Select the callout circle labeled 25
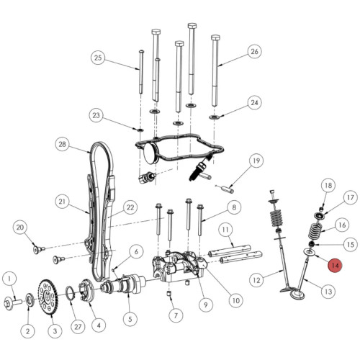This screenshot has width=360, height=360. tap(99, 58)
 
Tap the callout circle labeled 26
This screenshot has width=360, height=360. tap(253, 51)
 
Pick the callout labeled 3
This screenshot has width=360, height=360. tap(53, 330)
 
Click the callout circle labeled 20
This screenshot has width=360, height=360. tap(20, 228)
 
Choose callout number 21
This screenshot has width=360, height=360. tap(63, 201)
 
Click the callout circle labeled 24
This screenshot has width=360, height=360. tap(253, 103)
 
